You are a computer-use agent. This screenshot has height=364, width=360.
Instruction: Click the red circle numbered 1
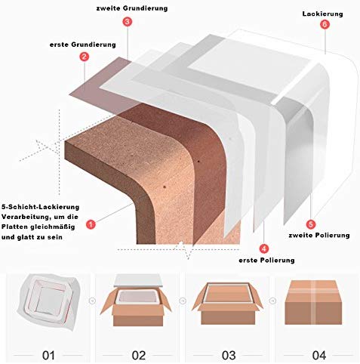click(91, 224)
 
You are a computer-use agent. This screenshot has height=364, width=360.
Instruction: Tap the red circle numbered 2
click(85, 57)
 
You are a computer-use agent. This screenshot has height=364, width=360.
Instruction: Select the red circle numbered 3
click(128, 22)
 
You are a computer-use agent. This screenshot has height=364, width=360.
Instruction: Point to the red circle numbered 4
click(264, 248)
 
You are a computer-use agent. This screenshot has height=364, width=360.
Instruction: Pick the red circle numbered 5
click(311, 224)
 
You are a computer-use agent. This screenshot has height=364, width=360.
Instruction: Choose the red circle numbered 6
click(325, 24)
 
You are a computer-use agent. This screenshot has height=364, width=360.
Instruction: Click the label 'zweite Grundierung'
click(132, 8)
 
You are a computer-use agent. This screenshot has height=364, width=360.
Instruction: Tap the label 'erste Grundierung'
click(83, 45)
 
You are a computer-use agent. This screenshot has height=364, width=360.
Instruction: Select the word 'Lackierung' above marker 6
click(322, 14)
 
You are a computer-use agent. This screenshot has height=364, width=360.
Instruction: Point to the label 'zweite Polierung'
click(319, 236)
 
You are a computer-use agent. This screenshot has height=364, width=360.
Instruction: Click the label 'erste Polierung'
click(266, 260)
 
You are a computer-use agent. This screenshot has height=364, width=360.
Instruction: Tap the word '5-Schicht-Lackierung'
click(40, 207)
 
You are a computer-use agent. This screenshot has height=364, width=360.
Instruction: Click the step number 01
click(48, 355)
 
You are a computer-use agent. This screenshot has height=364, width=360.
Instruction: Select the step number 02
click(139, 355)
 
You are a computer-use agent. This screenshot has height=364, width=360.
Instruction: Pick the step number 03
click(229, 355)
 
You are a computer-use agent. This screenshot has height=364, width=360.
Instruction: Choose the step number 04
click(319, 355)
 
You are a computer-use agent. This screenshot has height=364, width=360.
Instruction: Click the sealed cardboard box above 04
click(313, 302)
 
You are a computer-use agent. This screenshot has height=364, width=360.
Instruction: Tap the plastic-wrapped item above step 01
click(48, 301)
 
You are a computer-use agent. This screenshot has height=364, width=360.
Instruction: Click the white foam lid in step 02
click(137, 280)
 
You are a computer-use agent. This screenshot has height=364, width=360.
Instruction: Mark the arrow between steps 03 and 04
click(272, 301)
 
